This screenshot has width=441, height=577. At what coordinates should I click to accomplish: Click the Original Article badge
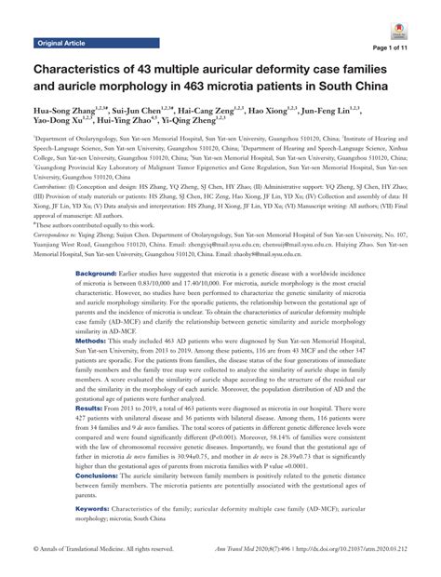pyautogui.click(x=60, y=43)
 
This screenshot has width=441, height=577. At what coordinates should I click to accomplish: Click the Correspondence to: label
pyautogui.click(x=58, y=237)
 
